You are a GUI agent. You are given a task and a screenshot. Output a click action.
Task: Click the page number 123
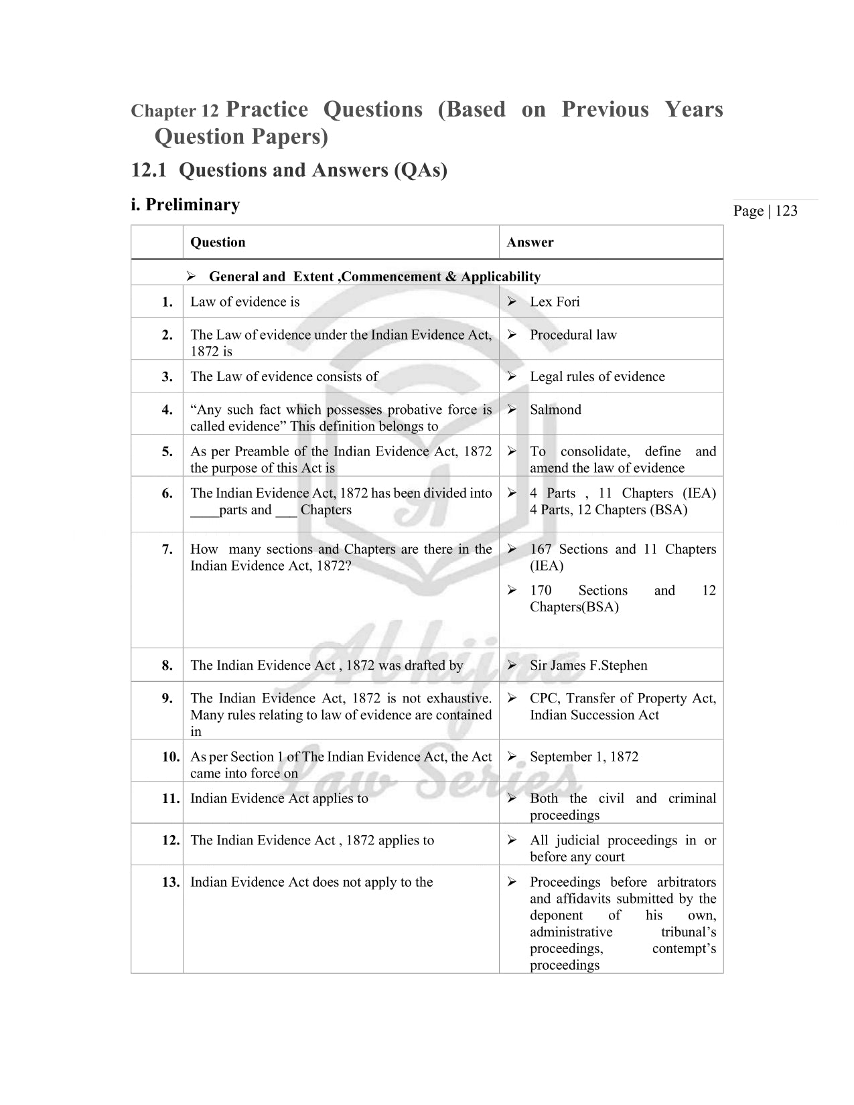(786, 211)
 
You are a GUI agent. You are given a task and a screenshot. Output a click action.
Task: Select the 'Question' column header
(218, 242)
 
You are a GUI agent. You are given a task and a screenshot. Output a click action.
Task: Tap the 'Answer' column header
(530, 242)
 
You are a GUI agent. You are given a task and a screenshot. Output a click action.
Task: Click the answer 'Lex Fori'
(555, 302)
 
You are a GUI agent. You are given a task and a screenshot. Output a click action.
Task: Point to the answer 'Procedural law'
(573, 335)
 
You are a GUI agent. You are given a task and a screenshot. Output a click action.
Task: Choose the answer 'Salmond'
(555, 410)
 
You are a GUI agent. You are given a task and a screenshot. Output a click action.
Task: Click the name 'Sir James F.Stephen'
(588, 666)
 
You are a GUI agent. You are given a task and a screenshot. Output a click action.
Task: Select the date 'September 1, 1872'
(584, 757)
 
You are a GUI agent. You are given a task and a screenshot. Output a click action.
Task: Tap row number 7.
(167, 550)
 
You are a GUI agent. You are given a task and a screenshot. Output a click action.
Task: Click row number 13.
(171, 883)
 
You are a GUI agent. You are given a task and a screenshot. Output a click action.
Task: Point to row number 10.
(171, 757)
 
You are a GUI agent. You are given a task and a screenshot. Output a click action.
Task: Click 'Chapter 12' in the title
(175, 111)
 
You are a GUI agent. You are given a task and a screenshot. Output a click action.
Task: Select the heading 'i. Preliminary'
(186, 205)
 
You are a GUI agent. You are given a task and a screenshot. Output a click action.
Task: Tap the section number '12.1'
(149, 171)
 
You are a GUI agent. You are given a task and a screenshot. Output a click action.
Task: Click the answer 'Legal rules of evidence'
(597, 377)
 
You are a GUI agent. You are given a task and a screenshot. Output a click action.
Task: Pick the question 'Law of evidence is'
(244, 302)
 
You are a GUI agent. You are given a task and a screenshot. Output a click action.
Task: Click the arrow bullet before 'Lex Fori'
(512, 302)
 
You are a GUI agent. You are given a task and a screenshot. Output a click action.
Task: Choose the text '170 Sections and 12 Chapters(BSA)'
(622, 599)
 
